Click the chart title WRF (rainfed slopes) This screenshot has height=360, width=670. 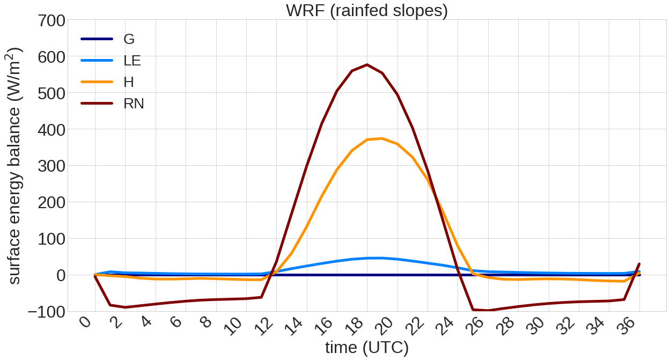(367, 10)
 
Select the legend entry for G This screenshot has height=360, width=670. (129, 39)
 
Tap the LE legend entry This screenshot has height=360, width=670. (132, 60)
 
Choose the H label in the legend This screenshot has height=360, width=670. (129, 82)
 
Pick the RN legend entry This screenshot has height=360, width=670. (134, 103)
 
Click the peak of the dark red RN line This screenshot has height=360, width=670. (367, 65)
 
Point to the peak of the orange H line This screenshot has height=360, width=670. (382, 138)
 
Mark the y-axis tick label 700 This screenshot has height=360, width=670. (51, 22)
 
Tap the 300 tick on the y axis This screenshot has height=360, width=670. (51, 166)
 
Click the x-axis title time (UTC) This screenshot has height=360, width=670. (367, 348)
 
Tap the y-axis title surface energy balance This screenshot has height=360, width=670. (15, 166)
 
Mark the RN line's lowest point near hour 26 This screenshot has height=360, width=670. (488, 311)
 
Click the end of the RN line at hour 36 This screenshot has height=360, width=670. (639, 264)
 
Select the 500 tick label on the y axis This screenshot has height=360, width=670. (51, 93)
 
